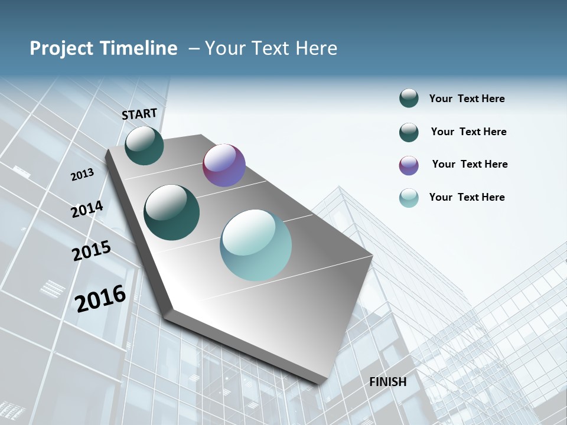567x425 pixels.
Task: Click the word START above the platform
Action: pos(139,113)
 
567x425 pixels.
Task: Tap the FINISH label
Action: pos(388,382)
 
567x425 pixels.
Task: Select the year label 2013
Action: pos(82,174)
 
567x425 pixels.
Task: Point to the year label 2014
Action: pos(87,210)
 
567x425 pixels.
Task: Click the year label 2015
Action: pos(92,251)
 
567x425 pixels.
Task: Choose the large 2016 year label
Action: pos(100,298)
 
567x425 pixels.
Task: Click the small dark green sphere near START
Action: pos(144,145)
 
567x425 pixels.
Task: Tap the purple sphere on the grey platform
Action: pos(224,165)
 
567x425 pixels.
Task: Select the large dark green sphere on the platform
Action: pos(172,212)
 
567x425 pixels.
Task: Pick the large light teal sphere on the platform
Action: pos(256,244)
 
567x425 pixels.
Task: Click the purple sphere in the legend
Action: pos(409,165)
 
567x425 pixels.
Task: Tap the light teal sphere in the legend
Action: pos(409,198)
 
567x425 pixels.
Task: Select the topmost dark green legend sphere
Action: pos(409,98)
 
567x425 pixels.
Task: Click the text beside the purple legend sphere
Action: pos(470,164)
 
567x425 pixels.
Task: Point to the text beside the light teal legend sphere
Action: pos(467,197)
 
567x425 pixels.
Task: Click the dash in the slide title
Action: pos(194,48)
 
